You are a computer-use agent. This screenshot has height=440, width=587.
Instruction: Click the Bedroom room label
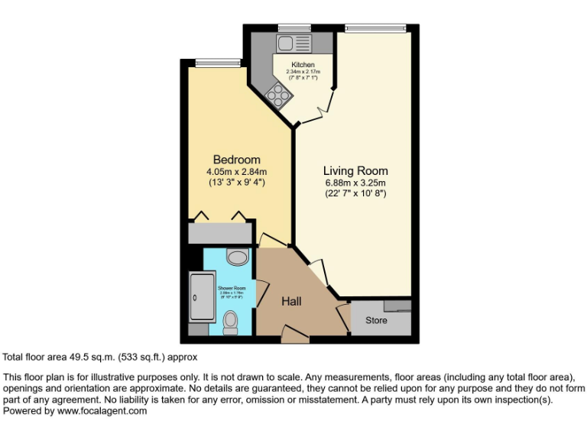(x=236, y=160)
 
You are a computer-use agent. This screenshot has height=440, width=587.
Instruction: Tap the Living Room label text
(x=355, y=171)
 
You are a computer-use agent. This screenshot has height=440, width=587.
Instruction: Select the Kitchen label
(x=303, y=65)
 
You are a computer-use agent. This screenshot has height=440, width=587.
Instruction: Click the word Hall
(x=291, y=302)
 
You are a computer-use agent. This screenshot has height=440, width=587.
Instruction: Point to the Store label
(x=376, y=320)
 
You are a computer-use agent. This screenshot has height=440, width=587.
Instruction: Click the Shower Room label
(x=230, y=288)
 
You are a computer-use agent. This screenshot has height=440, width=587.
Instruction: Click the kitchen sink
(x=292, y=43)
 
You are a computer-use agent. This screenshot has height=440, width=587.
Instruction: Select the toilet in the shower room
(x=230, y=327)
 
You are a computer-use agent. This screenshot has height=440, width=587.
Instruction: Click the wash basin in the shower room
(x=238, y=256)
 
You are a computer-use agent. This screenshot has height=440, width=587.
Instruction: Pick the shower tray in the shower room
(x=203, y=297)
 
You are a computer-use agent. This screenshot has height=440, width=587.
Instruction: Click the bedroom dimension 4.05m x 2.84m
(x=236, y=171)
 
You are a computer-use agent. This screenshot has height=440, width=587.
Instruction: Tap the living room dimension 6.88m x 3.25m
(x=355, y=183)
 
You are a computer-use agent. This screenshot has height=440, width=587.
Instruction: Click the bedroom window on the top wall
(x=207, y=63)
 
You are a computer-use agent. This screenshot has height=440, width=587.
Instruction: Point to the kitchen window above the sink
(x=289, y=28)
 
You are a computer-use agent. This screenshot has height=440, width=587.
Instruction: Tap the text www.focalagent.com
(x=101, y=411)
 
